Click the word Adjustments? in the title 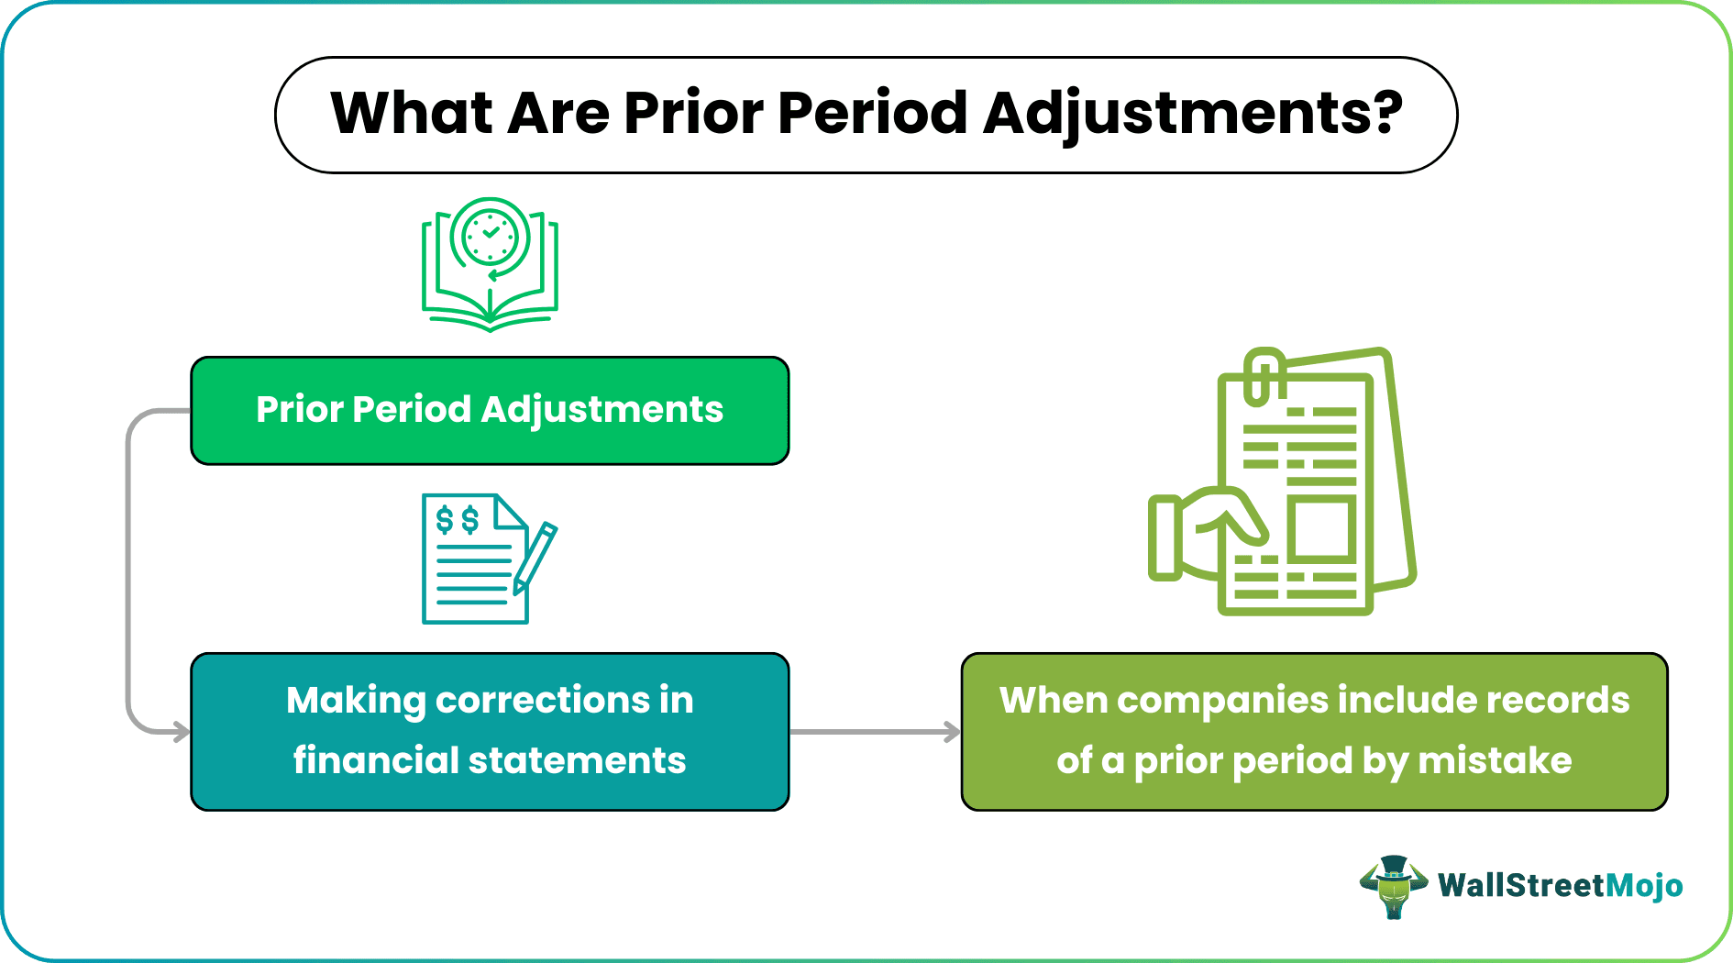[1192, 115]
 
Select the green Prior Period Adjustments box [490, 410]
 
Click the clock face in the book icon [491, 237]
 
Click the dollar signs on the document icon [457, 520]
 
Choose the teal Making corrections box [490, 731]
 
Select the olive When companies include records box [1314, 731]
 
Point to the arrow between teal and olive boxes [875, 732]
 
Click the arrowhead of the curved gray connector [182, 732]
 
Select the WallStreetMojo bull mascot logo [1393, 886]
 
